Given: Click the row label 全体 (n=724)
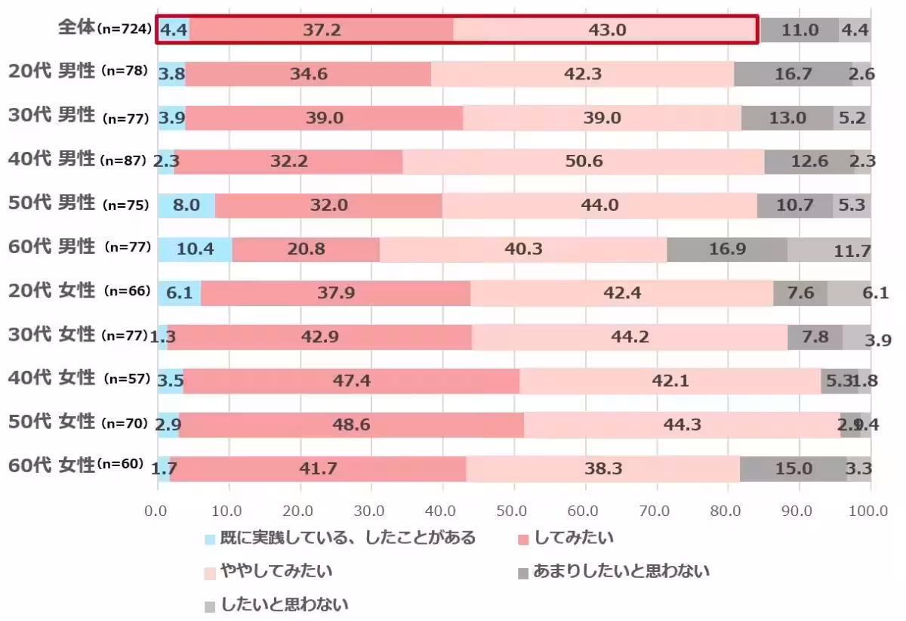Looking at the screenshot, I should click(x=106, y=29).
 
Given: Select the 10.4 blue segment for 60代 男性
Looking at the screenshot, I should click(x=195, y=249).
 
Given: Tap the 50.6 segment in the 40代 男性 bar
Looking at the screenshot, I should click(x=583, y=162).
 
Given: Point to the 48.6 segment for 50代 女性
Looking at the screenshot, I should click(x=351, y=425).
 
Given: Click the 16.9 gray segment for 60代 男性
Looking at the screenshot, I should click(x=727, y=249).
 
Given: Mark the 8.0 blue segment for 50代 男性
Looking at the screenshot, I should click(x=186, y=205).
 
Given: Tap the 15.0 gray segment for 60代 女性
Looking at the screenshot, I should click(x=793, y=468).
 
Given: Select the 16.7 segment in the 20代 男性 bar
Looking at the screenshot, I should click(x=793, y=74).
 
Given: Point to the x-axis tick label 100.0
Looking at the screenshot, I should click(x=869, y=511).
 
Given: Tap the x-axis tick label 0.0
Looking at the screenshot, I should click(x=157, y=511).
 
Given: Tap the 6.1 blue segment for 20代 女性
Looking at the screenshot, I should click(x=179, y=293).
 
